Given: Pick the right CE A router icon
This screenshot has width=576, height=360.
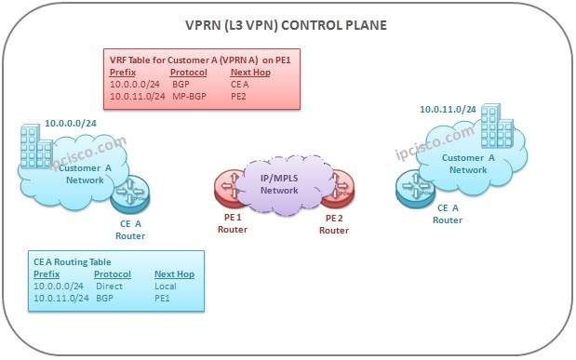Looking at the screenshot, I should click(x=415, y=192).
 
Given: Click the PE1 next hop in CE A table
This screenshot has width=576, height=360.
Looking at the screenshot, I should click(x=162, y=298).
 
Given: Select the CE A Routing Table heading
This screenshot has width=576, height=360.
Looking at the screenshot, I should click(x=73, y=262).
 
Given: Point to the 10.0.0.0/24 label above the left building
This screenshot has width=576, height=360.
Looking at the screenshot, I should click(x=72, y=122).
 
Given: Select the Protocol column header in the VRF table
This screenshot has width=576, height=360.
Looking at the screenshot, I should click(x=189, y=72).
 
